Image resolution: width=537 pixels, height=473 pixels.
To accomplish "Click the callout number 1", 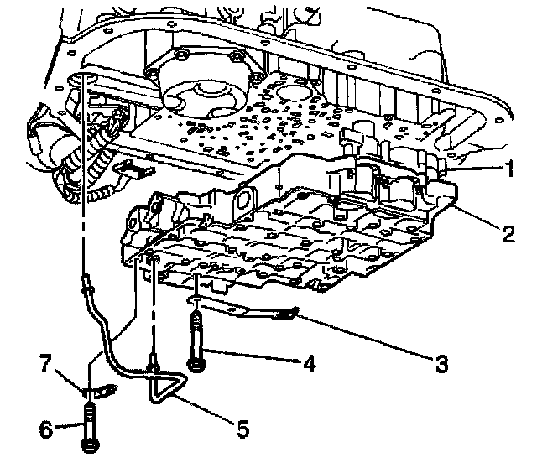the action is (510, 169).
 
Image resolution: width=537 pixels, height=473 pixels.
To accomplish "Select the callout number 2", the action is (509, 233).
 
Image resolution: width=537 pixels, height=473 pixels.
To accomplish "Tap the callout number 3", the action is (442, 363).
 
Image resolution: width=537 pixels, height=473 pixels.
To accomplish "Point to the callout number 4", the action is (310, 363).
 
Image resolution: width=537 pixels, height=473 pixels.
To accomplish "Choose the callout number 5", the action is (242, 429).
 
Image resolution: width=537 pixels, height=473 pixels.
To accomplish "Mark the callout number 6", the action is (46, 429).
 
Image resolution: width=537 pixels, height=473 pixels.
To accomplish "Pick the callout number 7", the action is (46, 363).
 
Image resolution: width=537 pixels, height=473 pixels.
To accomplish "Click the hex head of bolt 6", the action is (91, 445).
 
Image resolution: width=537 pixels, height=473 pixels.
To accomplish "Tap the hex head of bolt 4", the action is (197, 365).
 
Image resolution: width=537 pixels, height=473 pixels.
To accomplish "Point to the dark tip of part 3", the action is (289, 313).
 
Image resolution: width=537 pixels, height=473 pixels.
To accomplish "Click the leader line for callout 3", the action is (366, 336).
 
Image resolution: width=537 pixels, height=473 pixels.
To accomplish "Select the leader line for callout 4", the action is (253, 356).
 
